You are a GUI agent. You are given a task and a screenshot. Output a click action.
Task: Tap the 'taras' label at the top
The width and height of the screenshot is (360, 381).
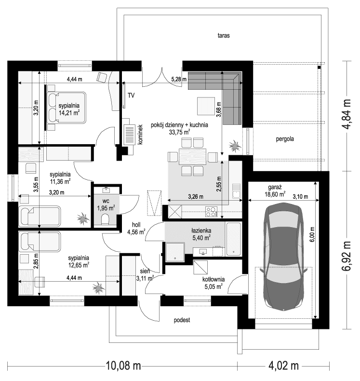pos(223,36)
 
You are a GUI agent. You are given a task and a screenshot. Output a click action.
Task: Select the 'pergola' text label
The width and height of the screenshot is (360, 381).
pos(285,138)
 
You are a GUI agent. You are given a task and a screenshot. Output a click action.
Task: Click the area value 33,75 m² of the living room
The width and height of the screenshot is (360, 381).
pos(179,131)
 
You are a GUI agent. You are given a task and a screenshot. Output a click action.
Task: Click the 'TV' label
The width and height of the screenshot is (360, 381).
pos(131,95)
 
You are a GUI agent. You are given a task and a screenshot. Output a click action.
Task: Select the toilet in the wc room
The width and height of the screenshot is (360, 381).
pos(106,219)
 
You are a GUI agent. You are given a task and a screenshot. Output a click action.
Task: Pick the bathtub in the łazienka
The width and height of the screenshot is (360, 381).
pos(233,239)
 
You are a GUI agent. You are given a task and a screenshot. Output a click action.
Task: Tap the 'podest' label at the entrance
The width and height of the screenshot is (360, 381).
pos(182,320)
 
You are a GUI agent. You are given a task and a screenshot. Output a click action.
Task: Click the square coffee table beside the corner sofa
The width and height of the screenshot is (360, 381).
pos(206,106)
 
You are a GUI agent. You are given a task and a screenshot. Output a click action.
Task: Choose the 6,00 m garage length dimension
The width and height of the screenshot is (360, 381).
pos(311,234)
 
